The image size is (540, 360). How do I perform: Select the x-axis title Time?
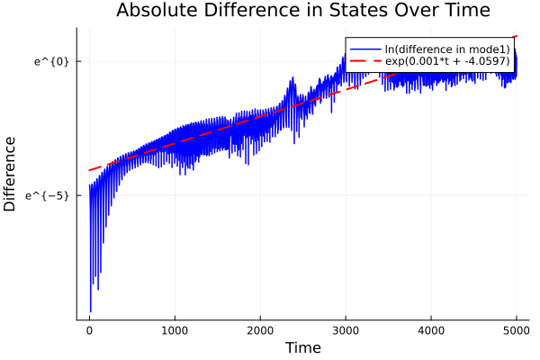click(302, 347)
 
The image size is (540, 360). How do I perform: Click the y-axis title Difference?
click(11, 174)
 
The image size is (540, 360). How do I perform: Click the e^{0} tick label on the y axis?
click(51, 61)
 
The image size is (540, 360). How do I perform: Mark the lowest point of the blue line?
click(90, 311)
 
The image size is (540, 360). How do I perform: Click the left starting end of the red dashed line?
click(89, 170)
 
